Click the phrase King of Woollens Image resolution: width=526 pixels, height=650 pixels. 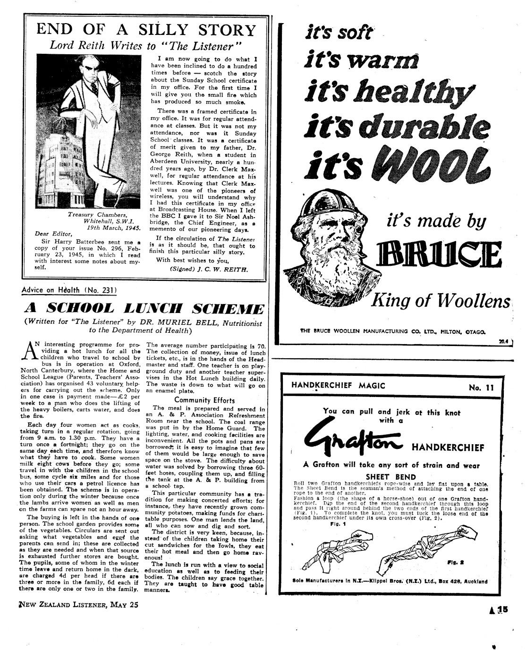tap(442, 301)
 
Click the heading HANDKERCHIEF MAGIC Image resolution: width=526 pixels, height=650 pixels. tap(338, 386)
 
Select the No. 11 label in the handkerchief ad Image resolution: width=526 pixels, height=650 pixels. tap(481, 388)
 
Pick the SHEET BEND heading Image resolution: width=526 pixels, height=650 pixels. tap(391, 477)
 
